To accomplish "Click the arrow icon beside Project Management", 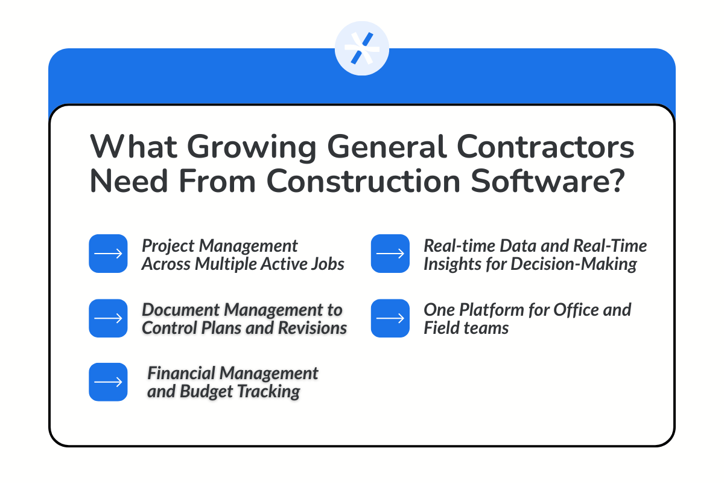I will click(109, 254).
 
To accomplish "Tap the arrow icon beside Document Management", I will click(109, 318).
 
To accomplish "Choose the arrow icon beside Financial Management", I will click(109, 382).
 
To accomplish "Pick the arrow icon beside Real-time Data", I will click(390, 254).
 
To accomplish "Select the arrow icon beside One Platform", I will click(390, 318).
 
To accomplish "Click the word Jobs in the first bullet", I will click(327, 264).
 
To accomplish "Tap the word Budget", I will click(206, 391).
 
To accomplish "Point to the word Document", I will click(181, 310).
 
